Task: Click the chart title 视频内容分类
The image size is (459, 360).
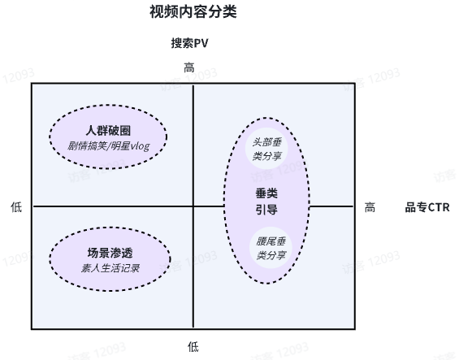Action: click(x=193, y=11)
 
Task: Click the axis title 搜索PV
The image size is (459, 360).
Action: click(x=189, y=43)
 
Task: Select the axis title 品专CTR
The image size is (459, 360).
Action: click(x=427, y=207)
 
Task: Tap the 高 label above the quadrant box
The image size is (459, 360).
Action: click(x=189, y=67)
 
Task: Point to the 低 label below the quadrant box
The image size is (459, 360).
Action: click(x=193, y=347)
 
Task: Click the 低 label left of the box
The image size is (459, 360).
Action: click(x=16, y=207)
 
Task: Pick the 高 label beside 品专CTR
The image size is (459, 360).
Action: click(x=370, y=207)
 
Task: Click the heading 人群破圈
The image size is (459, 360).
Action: click(x=108, y=130)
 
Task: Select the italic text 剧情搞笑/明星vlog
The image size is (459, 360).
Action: click(x=109, y=146)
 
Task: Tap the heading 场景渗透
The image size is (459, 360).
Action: click(x=110, y=253)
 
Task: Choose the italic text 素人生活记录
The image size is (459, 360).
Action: click(x=110, y=268)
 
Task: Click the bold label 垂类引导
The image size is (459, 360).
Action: click(x=266, y=202)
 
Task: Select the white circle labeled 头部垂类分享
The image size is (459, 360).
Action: click(x=266, y=149)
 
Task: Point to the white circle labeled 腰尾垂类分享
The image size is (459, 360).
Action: click(x=271, y=248)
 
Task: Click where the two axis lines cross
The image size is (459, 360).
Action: click(x=193, y=206)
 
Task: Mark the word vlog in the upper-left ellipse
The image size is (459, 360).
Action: click(x=140, y=146)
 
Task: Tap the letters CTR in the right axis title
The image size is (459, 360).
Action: click(x=438, y=207)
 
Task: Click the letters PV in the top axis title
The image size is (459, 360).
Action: click(x=201, y=43)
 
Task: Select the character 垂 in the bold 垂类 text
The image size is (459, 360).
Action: click(x=261, y=193)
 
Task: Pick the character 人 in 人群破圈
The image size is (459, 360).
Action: click(x=91, y=130)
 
